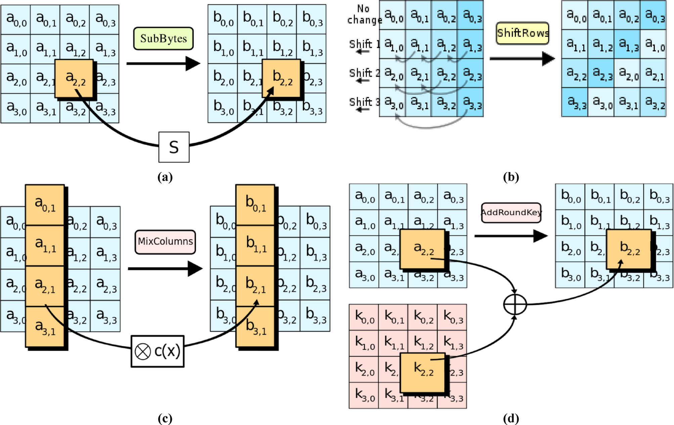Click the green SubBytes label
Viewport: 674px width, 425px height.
coord(163,39)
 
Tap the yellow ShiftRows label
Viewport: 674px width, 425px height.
coord(522,33)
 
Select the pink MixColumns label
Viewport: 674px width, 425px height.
coord(165,242)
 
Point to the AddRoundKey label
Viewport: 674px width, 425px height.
coord(511,212)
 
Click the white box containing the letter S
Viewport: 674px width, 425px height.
coord(174,147)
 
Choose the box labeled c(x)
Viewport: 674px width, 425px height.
coord(158,351)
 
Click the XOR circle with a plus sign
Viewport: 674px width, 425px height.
coord(515,304)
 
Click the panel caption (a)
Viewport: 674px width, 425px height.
coord(165,177)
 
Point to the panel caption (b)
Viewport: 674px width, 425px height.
coord(511,177)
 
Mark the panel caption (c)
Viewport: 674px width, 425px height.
coord(165,418)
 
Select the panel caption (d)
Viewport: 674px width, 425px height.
coord(511,418)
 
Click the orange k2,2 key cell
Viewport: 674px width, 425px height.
coord(423,372)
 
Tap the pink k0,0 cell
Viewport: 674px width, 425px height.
coord(364,317)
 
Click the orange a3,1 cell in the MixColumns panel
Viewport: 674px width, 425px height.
coord(45,327)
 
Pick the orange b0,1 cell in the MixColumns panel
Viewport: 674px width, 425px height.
coord(255,204)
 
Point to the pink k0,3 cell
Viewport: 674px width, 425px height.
coord(452,317)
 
